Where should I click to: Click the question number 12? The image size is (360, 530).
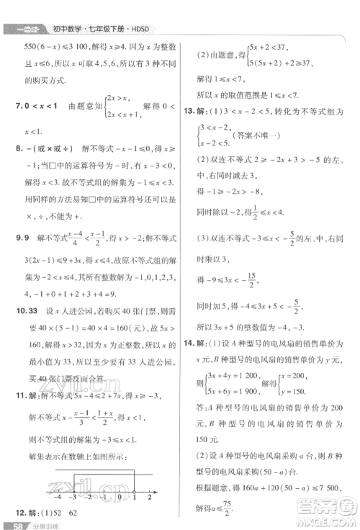click(19, 511)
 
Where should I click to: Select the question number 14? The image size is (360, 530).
click(189, 341)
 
